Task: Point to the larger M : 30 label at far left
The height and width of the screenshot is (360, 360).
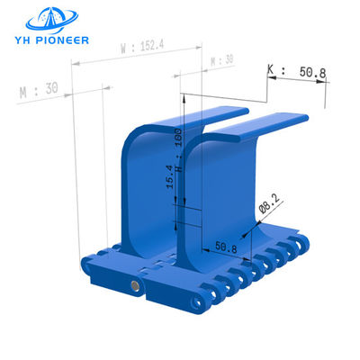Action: [37, 90]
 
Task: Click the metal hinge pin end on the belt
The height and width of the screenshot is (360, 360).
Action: [134, 286]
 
